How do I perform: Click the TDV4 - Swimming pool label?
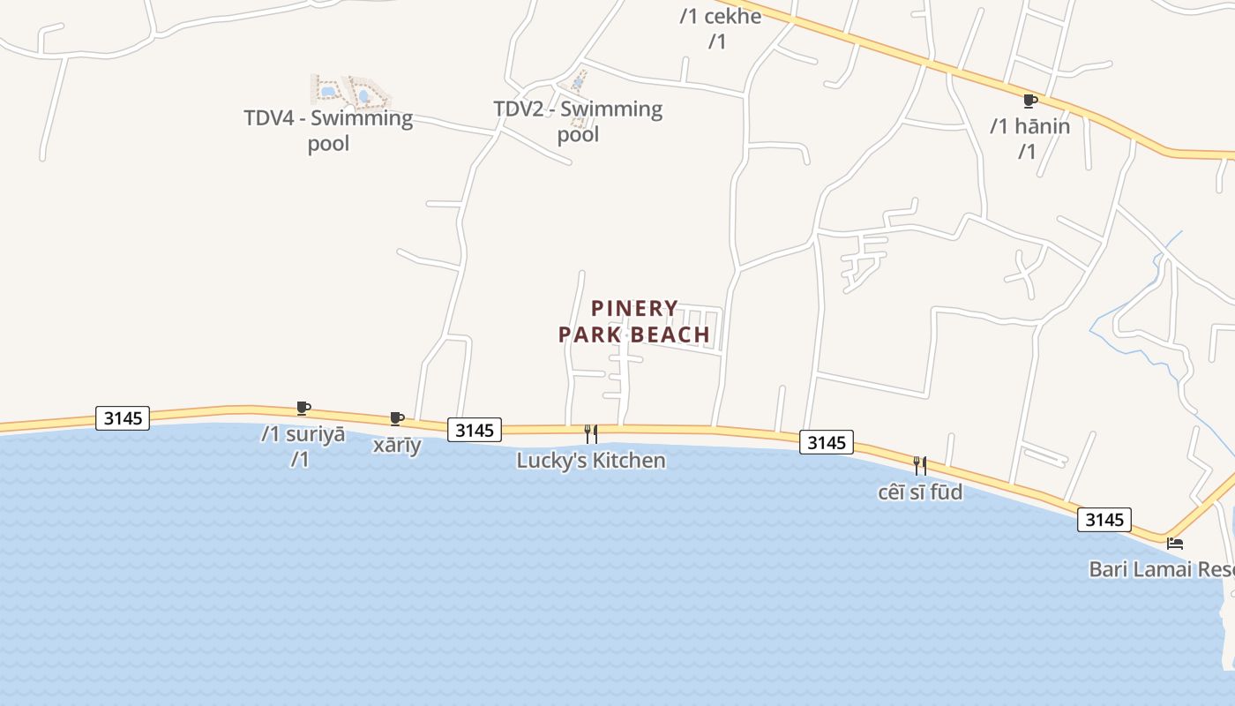pos(328,130)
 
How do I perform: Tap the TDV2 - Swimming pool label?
pos(578,121)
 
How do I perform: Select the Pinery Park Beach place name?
pos(633,321)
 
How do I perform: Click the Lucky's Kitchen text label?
pos(590,461)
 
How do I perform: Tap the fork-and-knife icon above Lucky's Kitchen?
pos(591,434)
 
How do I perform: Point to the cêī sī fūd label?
pos(920,492)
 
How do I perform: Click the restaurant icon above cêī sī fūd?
pos(920,465)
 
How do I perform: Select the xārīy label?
pos(397,445)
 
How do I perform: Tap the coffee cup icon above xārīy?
pos(397,418)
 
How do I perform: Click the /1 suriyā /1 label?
pos(303,447)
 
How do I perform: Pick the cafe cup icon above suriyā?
pos(303,408)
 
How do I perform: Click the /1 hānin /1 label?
pos(1029,139)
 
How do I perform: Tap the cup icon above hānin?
pos(1029,101)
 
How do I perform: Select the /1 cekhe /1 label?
pos(720,28)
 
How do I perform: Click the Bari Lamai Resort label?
pos(1161,569)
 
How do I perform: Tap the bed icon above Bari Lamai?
pos(1174,543)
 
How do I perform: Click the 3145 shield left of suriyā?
pos(123,417)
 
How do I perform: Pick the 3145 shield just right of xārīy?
pos(475,430)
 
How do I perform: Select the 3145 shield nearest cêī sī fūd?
pos(827,442)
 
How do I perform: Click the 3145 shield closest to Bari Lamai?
pos(1104,520)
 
